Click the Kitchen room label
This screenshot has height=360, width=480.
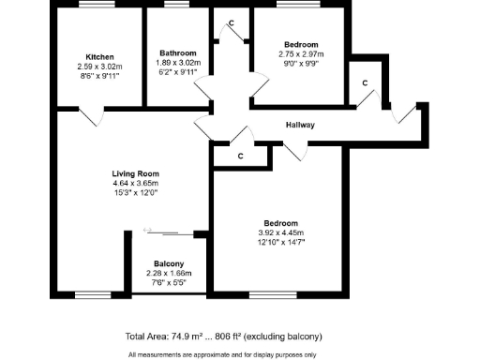click(99, 57)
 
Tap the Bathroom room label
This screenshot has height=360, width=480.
click(178, 53)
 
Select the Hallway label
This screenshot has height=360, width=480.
click(300, 125)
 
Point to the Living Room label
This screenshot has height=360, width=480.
click(135, 173)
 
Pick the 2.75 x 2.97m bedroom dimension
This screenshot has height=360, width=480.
click(301, 55)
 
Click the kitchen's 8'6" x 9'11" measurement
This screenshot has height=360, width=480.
click(99, 78)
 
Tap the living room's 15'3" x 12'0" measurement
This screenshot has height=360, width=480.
click(135, 194)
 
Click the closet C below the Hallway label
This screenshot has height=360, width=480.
click(240, 156)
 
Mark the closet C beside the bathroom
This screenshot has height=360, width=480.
click(231, 22)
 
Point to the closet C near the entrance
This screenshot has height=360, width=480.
click(365, 82)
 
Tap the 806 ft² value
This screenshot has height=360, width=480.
click(246, 336)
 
